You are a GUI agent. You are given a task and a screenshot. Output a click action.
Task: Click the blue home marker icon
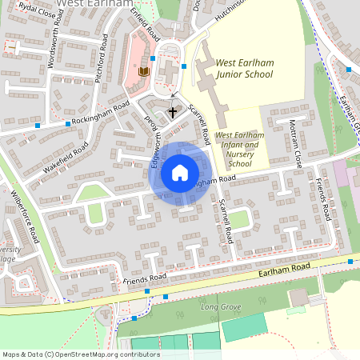point(179,172)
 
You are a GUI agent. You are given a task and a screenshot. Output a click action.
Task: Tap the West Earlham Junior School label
point(245,69)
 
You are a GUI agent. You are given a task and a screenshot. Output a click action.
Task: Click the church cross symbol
point(173,113)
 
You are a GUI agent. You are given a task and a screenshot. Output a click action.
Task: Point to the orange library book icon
point(144,72)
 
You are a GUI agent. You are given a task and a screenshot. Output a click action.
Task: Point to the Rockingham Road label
point(100,114)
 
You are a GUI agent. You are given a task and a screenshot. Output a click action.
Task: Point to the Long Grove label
point(221,306)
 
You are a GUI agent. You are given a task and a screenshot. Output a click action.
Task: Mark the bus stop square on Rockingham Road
point(38,125)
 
